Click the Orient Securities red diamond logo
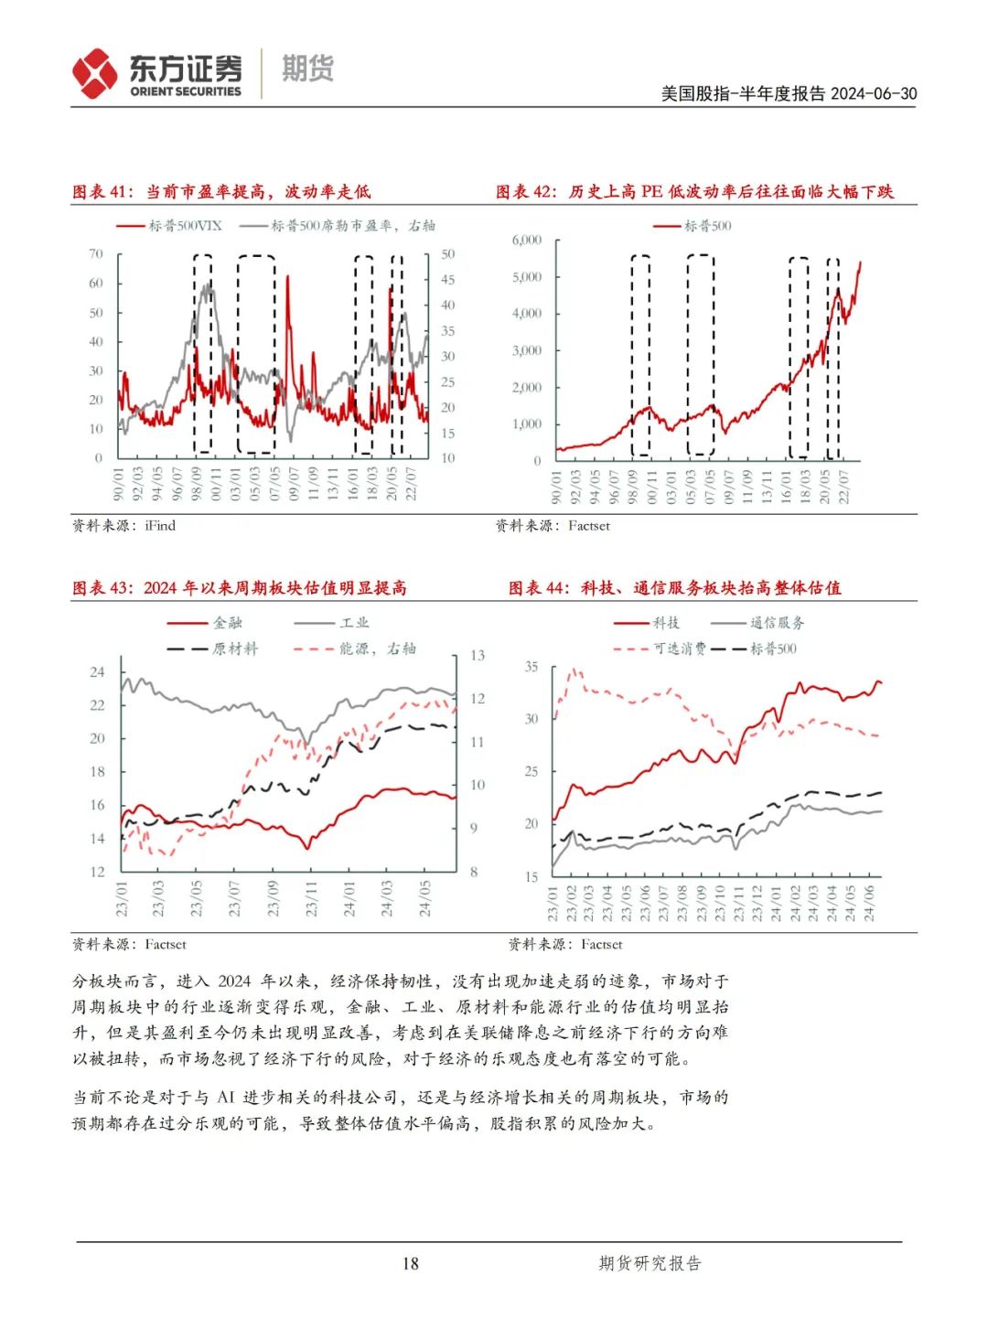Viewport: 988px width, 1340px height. click(94, 73)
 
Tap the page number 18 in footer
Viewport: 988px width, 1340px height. click(410, 1263)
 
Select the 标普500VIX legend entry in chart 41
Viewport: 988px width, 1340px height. click(169, 226)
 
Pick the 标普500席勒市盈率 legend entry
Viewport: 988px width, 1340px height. click(338, 226)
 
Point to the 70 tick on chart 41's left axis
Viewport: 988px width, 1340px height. click(96, 253)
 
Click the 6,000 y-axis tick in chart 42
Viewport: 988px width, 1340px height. click(527, 240)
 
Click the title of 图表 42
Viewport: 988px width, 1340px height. click(694, 191)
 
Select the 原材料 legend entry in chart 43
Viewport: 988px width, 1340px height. click(212, 649)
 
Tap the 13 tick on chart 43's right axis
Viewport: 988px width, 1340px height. click(477, 655)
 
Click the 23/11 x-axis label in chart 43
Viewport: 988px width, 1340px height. click(311, 899)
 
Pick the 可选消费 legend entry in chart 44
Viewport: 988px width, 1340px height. click(660, 649)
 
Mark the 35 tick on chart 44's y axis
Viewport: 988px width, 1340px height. click(531, 667)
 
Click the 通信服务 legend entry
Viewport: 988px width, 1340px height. click(757, 623)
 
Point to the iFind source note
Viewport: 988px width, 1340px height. click(123, 525)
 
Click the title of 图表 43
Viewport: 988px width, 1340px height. click(240, 587)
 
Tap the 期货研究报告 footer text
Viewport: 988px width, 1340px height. click(650, 1263)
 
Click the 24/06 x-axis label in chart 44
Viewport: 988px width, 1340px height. click(869, 904)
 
